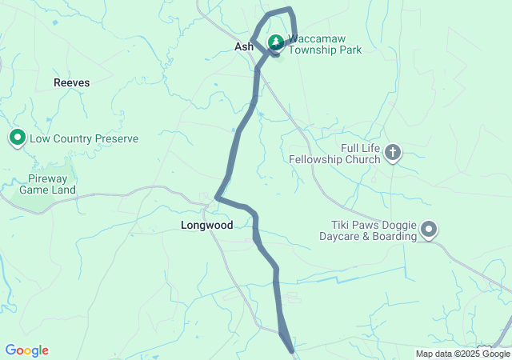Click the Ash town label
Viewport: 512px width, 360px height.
244,47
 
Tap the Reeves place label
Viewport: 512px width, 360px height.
72,82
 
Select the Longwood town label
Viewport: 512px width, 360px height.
206,226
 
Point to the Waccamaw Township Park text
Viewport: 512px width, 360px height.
324,44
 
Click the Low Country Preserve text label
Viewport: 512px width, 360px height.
84,138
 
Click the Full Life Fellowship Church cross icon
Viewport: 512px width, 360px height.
393,151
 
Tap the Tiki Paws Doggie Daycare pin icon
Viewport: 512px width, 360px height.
430,230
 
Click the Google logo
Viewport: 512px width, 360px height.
26,350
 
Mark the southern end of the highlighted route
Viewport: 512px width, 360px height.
292,350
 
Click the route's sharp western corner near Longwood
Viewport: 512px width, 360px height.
218,197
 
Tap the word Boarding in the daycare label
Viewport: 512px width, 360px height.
397,236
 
